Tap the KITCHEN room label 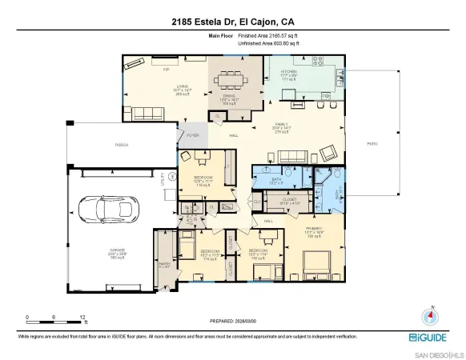289,73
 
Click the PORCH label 121,145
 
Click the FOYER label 192,135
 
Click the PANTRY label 165,264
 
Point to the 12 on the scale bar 83,318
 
